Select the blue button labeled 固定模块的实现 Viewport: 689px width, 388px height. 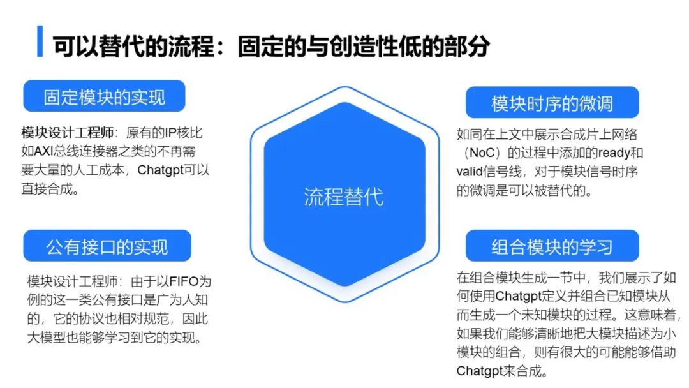(x=104, y=96)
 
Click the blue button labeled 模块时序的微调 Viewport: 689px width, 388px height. (x=552, y=103)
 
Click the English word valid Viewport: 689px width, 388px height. (x=471, y=172)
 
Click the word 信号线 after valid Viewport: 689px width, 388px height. (x=504, y=172)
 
